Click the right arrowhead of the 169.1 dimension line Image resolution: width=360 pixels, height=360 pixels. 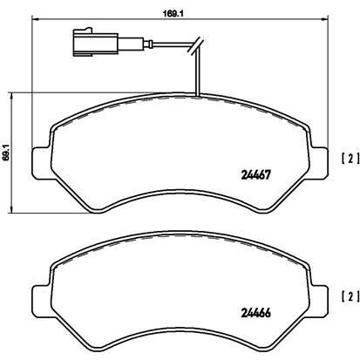point(325,20)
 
